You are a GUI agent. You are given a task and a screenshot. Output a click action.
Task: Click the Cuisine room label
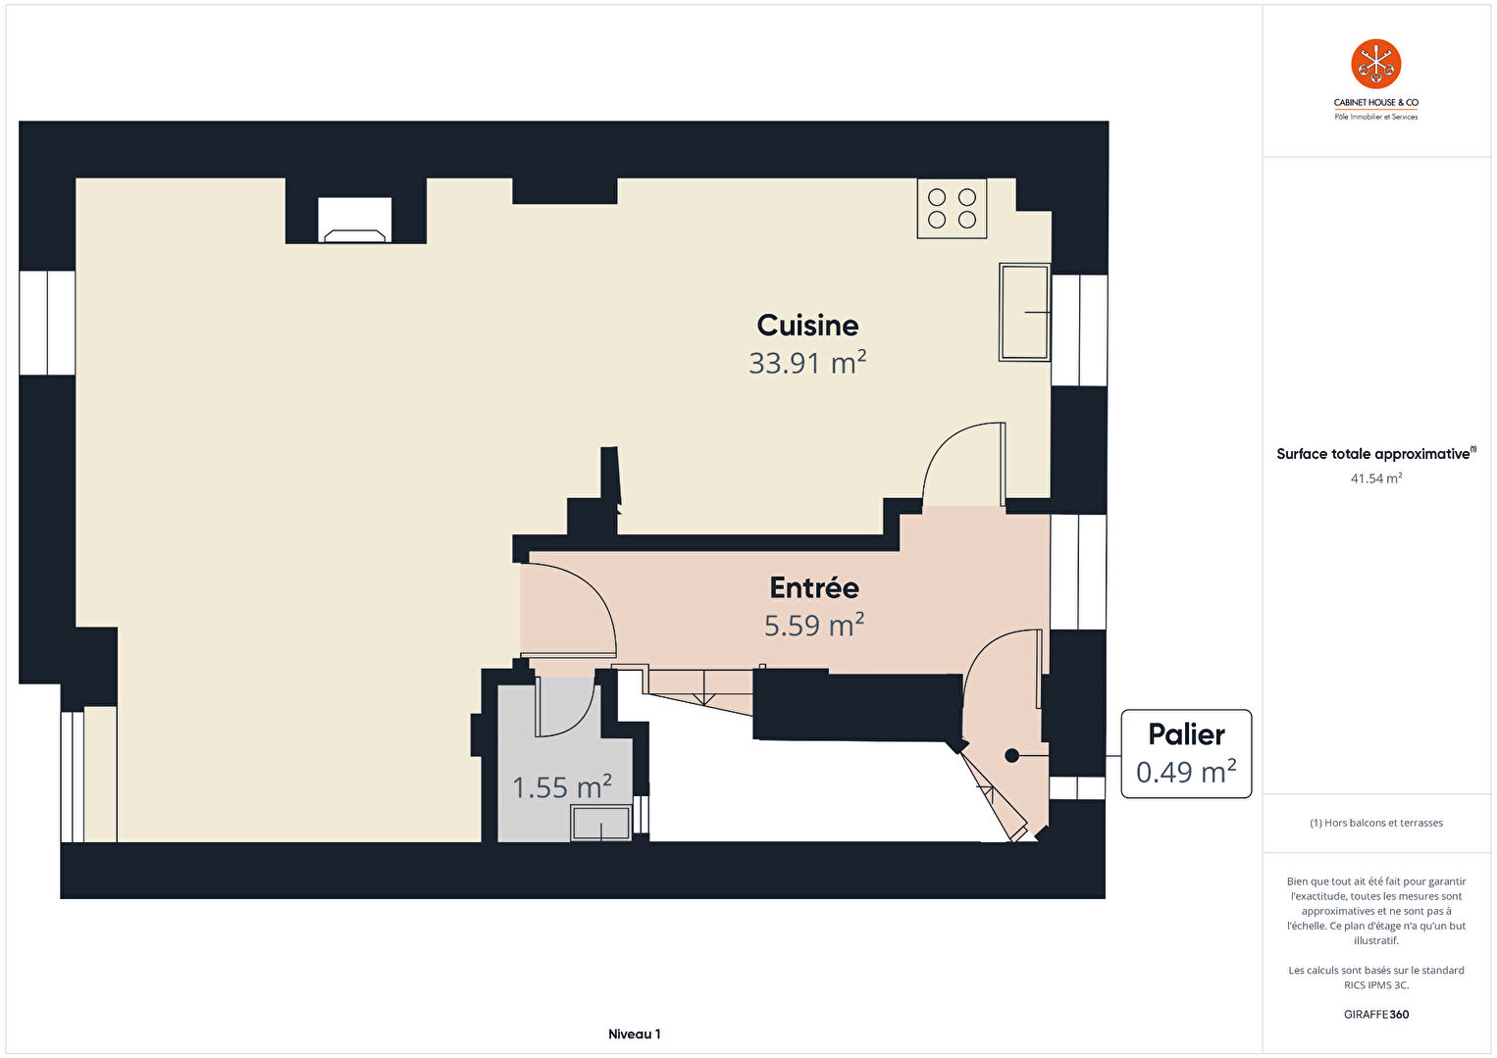pos(807,326)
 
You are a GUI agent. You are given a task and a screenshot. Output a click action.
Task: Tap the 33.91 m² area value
pos(807,363)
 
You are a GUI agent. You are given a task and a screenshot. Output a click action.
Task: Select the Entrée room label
pos(814,587)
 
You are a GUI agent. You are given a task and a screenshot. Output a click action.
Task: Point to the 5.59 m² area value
pos(814,626)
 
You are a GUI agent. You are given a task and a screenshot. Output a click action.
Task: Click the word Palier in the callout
pos(1186,734)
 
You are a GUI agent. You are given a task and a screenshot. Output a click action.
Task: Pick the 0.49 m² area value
pos(1186,772)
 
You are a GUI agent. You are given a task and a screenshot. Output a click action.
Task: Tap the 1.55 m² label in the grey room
pos(562,787)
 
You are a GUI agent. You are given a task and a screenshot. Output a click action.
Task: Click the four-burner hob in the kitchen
pos(952,209)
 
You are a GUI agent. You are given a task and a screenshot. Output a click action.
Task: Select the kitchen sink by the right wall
pos(1024,312)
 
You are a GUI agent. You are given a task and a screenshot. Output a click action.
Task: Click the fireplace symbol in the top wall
pos(355,219)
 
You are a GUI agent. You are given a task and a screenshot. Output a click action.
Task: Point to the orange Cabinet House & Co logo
pos(1376,64)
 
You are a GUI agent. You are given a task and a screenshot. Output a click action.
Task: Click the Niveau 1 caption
pos(635,1033)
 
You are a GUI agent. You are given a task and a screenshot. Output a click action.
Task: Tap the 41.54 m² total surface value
pos(1376,479)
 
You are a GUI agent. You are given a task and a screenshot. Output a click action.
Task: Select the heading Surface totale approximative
pos(1373,454)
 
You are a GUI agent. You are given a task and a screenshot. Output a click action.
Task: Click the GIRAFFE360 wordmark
pos(1376,1014)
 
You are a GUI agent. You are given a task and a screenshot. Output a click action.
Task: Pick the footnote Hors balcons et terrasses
pos(1376,823)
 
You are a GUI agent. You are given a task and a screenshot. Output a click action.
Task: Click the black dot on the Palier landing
pos(1011,755)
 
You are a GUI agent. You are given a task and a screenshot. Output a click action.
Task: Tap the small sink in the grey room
pos(600,823)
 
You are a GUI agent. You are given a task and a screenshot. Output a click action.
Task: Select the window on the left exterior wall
pos(47,323)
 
